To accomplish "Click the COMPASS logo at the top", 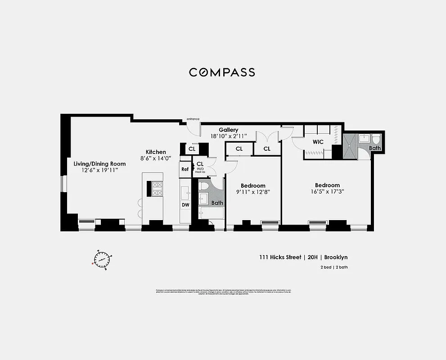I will pos(222,72).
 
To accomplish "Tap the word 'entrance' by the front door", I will pos(193,119).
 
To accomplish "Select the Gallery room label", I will pos(229,130).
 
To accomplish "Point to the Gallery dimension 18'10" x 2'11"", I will pos(229,136).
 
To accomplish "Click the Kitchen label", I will pos(156,152).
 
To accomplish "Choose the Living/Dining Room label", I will pos(99,164).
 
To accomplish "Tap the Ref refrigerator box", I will pos(185,169).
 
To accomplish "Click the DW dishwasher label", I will pos(185,205).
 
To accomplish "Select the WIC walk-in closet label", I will pos(318,142).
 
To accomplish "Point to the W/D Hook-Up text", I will pos(200,171).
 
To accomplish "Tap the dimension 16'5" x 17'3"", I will pos(327,192).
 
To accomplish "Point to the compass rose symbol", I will pos(103,259).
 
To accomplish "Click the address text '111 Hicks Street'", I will pos(280,257).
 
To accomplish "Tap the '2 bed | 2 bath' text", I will pos(331,268).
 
